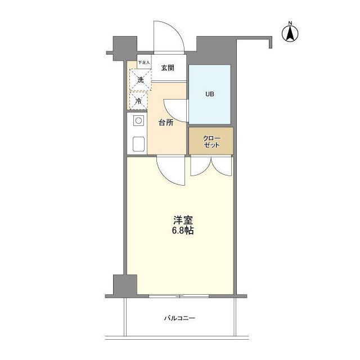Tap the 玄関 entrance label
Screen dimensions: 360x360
(x=167, y=68)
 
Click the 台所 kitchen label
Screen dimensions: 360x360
(x=165, y=123)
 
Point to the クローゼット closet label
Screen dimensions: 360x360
(x=210, y=141)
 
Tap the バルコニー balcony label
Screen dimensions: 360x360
(x=179, y=318)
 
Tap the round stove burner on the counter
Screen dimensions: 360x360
(x=138, y=120)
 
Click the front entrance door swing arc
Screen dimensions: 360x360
(x=169, y=37)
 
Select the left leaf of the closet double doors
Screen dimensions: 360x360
(x=201, y=166)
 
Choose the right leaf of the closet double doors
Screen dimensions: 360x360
(x=222, y=166)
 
